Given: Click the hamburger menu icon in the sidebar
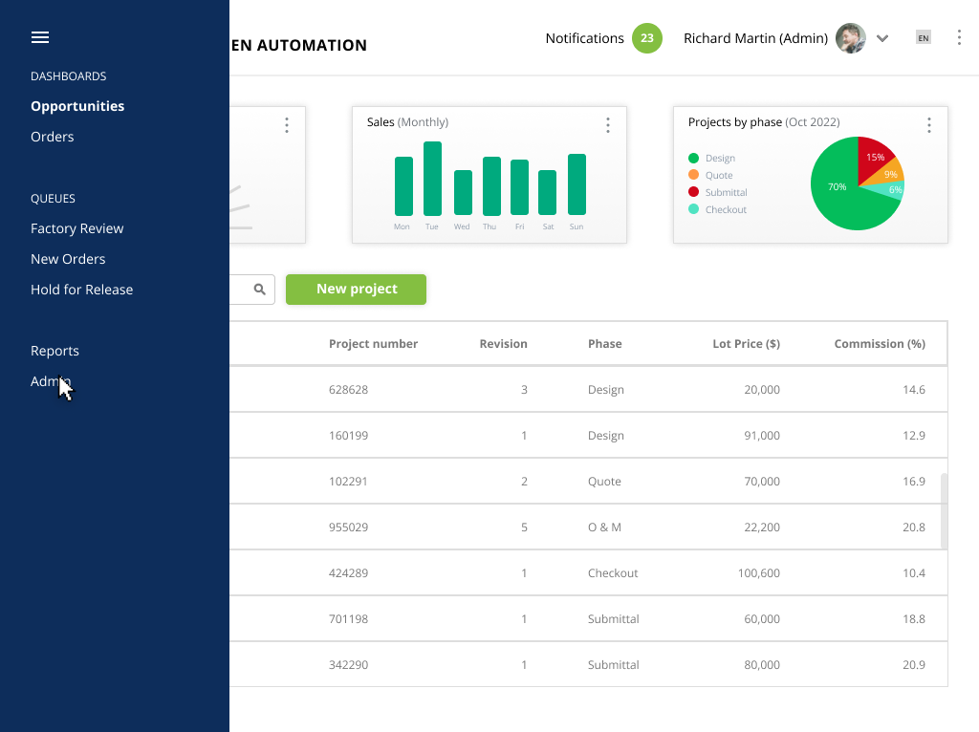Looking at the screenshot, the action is click(x=40, y=37).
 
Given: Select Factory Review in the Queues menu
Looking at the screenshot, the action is click(x=76, y=228).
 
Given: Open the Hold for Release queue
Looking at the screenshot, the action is click(x=82, y=290).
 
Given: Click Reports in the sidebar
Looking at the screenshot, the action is click(x=54, y=351).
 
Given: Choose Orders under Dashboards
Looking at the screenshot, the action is click(x=53, y=137).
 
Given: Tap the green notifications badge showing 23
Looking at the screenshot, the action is click(x=647, y=38).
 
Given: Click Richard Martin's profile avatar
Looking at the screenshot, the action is click(x=850, y=38).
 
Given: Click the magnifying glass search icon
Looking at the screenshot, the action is click(x=260, y=290).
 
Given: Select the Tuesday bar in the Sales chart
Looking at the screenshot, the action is click(x=432, y=179).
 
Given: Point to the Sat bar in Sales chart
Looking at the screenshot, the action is click(x=548, y=193).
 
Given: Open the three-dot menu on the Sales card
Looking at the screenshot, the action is click(x=607, y=125).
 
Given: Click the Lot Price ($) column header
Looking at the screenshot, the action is click(x=746, y=344).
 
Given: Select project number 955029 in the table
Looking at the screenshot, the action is click(x=348, y=527).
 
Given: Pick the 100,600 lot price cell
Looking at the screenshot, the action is click(x=758, y=572).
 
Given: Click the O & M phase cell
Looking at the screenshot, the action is click(x=604, y=527).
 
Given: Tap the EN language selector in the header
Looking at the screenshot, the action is click(x=924, y=38).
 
